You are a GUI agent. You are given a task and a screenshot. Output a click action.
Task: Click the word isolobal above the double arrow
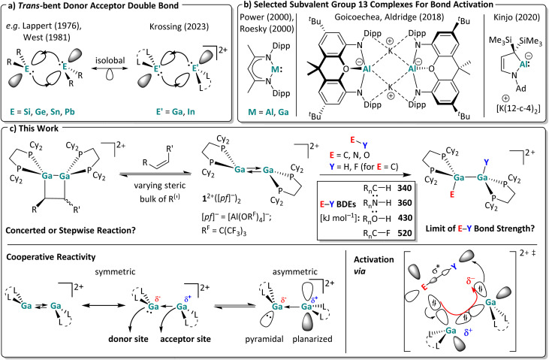(110, 60)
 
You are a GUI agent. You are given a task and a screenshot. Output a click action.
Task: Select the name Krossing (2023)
(179, 26)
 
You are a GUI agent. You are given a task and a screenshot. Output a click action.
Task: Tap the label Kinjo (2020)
(517, 17)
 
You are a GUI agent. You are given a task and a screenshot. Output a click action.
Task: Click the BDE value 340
(404, 188)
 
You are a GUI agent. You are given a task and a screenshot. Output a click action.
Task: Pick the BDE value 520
(404, 233)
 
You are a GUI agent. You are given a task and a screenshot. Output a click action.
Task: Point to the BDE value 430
(404, 218)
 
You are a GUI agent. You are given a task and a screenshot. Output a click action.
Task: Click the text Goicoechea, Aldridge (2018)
(389, 17)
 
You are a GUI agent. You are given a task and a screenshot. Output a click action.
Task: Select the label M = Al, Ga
(268, 112)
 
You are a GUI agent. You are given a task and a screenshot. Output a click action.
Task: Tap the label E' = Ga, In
(176, 111)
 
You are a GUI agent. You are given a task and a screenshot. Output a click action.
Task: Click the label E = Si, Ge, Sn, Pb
(42, 111)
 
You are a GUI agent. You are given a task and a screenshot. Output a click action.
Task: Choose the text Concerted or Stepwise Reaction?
(71, 230)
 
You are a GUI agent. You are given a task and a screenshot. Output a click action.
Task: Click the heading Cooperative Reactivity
(51, 257)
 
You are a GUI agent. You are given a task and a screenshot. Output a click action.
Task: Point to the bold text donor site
(128, 339)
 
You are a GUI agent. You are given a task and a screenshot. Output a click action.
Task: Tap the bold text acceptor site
(186, 339)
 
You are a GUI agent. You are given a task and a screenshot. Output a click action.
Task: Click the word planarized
(312, 339)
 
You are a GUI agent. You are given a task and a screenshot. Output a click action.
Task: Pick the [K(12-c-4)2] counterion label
(518, 109)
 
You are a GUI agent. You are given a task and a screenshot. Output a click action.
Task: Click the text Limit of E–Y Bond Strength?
(480, 228)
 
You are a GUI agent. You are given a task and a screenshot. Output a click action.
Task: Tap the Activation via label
(373, 265)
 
